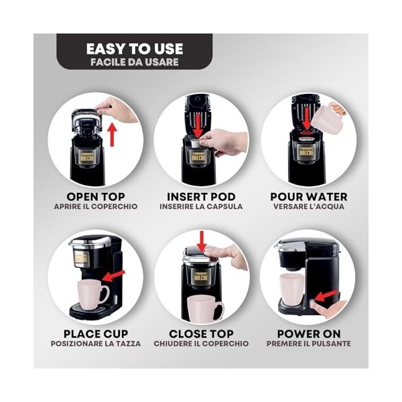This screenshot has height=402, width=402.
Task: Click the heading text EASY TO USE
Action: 135,49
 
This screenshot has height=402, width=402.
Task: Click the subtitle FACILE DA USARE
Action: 135,62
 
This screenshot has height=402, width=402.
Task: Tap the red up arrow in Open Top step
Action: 113,133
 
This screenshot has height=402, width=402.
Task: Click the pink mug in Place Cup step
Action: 92,293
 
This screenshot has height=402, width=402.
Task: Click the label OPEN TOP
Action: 95,196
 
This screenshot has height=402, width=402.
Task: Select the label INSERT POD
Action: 202,196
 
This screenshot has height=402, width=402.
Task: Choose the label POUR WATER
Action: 308,196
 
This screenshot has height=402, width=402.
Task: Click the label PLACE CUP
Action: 95,333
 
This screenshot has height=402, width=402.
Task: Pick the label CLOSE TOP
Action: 202,333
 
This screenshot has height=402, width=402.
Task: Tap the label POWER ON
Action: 308,333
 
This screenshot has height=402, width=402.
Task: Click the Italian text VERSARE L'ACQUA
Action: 308,207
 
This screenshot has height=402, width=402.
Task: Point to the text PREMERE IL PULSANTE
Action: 308,344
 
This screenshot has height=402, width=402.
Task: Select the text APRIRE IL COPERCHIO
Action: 95,207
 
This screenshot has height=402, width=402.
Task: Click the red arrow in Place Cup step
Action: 115,275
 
